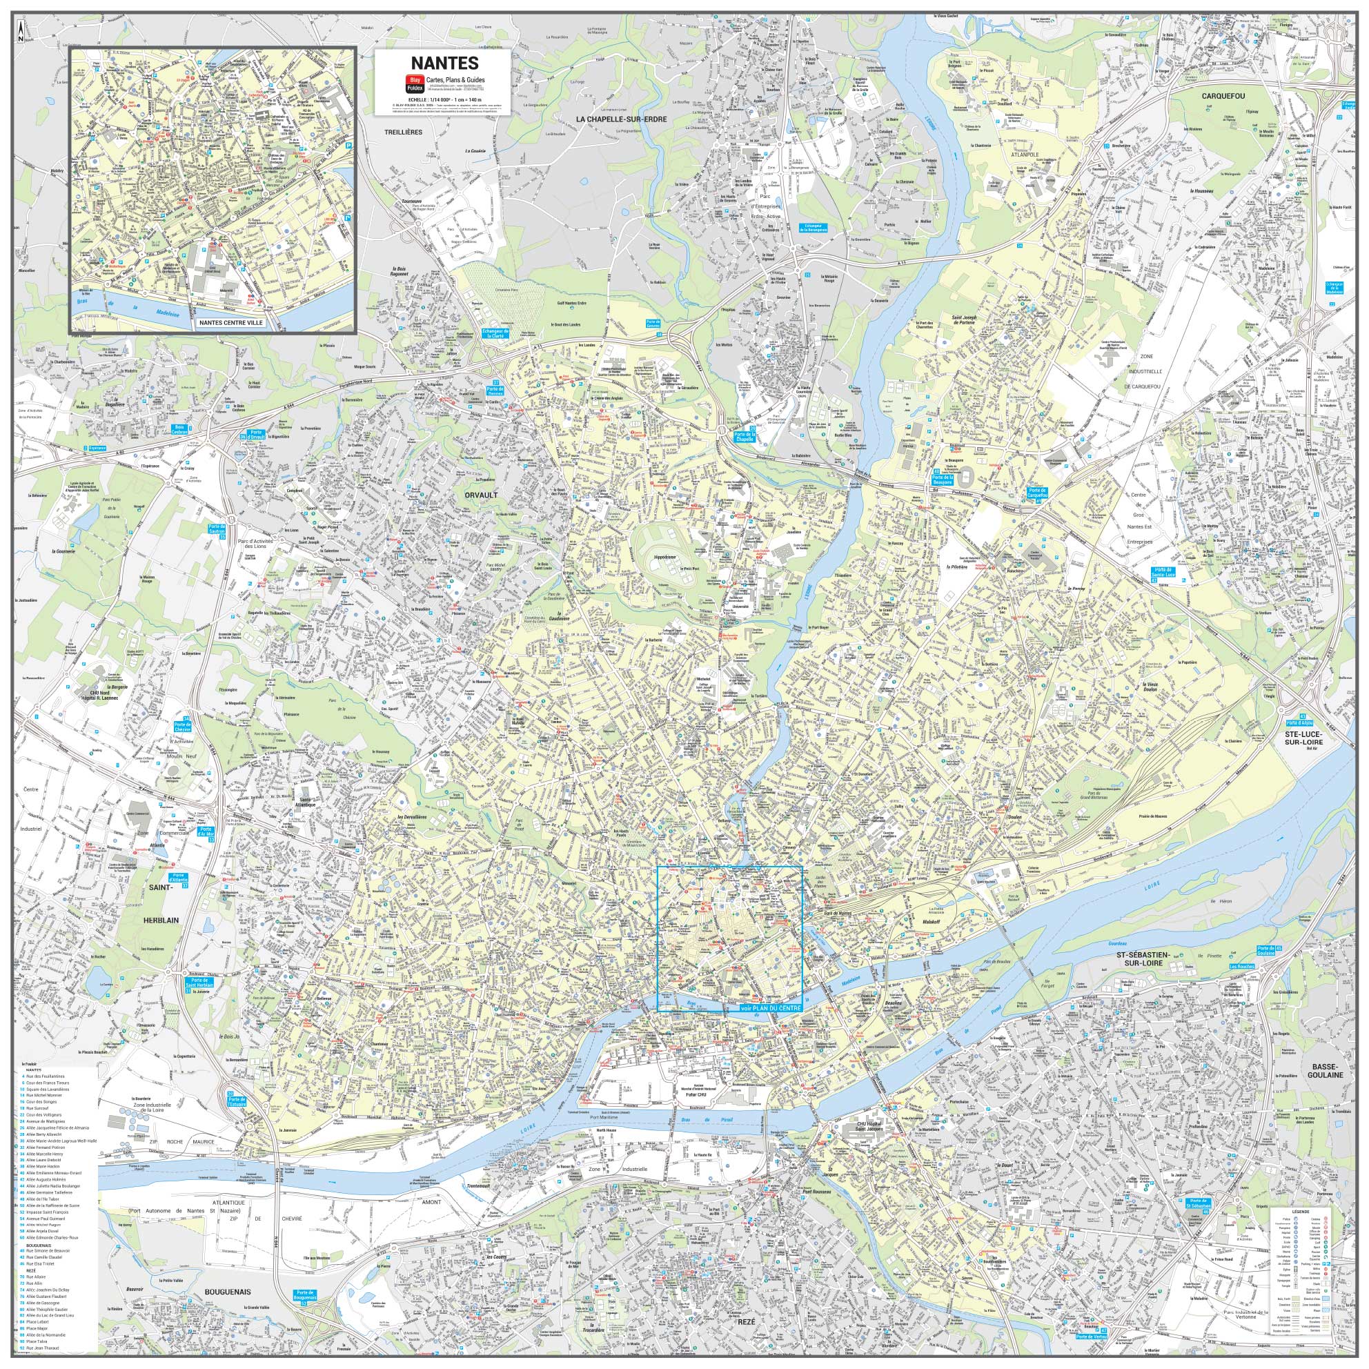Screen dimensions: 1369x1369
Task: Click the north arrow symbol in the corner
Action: pyautogui.click(x=21, y=30)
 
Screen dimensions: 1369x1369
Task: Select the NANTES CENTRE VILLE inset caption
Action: pyautogui.click(x=231, y=322)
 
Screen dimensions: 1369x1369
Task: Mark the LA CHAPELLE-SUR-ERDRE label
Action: pyautogui.click(x=622, y=119)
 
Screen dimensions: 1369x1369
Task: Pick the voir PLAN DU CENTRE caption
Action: pyautogui.click(x=768, y=1007)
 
